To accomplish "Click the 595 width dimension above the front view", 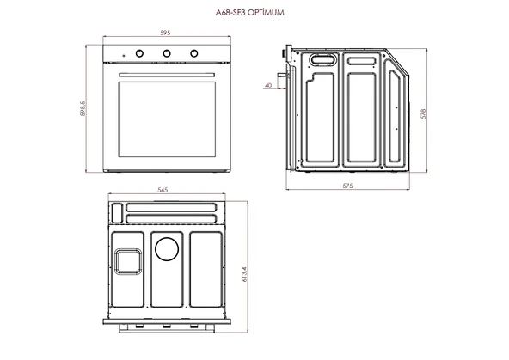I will [165, 33].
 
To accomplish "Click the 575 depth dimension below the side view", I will [348, 186].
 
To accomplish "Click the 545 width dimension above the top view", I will [163, 190].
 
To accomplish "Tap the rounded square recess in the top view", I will [127, 259].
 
